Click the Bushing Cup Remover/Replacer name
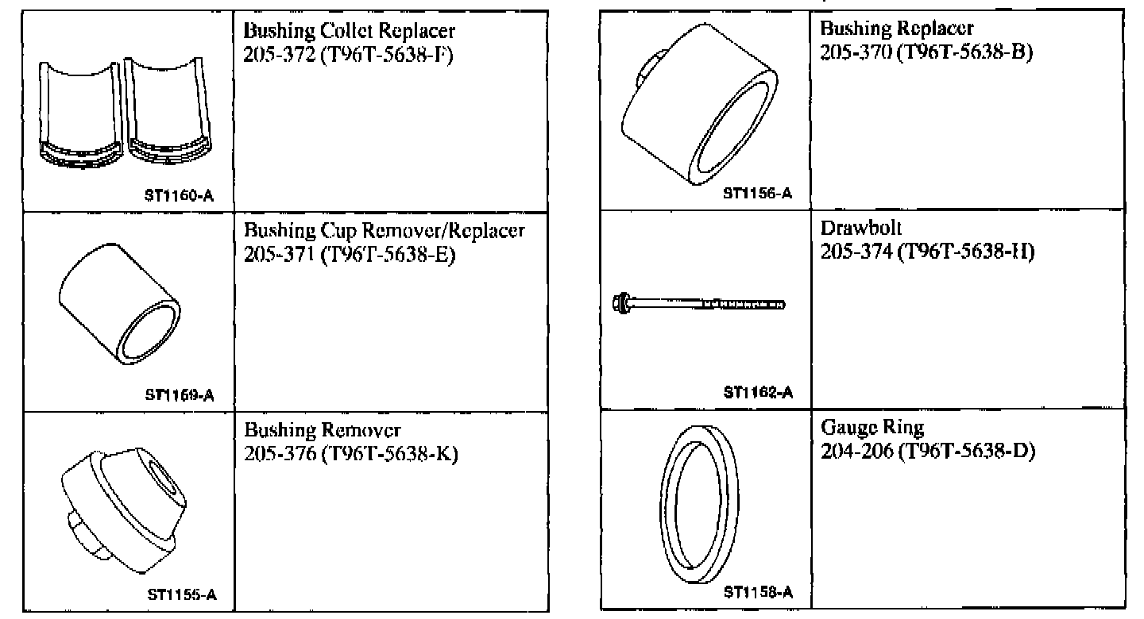[x=384, y=232]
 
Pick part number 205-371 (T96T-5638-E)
[x=348, y=254]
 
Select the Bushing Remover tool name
[x=323, y=431]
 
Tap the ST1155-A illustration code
[x=184, y=594]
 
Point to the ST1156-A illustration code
[x=758, y=193]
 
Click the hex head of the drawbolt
[x=622, y=302]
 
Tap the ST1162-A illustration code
[x=758, y=391]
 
